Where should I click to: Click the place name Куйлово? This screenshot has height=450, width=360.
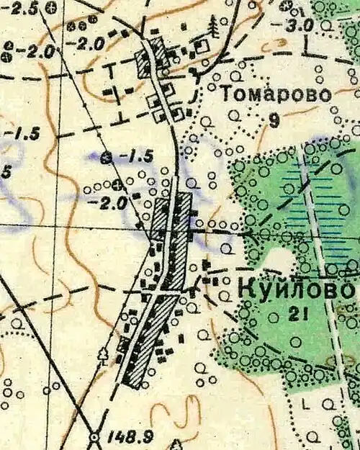[295, 291]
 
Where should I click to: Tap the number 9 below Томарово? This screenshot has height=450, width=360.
[274, 120]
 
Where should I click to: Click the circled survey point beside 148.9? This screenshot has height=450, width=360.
[94, 436]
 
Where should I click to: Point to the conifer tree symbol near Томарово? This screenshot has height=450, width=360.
[214, 27]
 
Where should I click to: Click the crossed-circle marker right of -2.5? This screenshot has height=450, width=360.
[50, 8]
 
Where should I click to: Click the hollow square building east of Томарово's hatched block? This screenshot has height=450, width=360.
[204, 45]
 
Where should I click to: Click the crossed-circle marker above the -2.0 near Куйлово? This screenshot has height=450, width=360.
[118, 189]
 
